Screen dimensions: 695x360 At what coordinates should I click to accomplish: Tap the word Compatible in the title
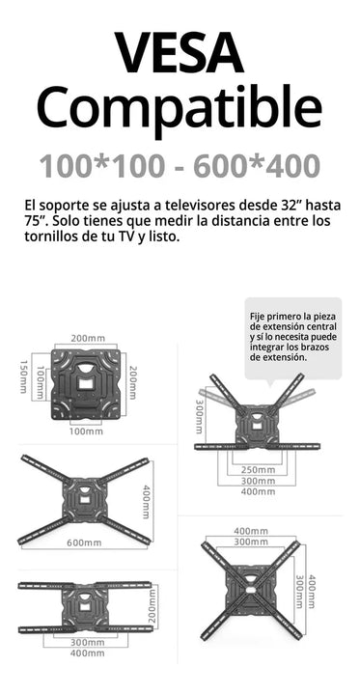point(180,106)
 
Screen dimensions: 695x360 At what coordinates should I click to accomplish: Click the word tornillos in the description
point(57,237)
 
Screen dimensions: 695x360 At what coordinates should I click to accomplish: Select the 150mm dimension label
point(23,375)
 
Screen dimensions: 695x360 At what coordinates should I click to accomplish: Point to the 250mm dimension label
point(259,469)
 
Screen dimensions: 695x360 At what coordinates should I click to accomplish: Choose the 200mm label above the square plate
point(88,339)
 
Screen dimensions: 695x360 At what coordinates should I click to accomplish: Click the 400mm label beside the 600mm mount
point(148,503)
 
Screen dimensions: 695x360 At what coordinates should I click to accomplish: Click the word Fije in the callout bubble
point(258,316)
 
